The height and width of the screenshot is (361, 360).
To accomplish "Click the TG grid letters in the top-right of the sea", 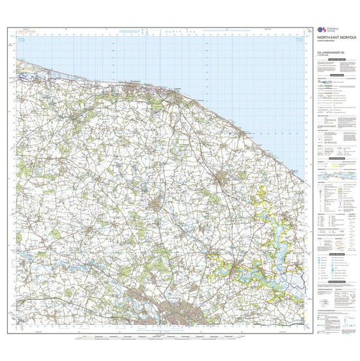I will pos(300,41).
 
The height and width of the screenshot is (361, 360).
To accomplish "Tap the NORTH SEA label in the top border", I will pos(172,31).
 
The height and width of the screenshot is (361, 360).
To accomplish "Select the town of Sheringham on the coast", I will pos(134,83).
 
